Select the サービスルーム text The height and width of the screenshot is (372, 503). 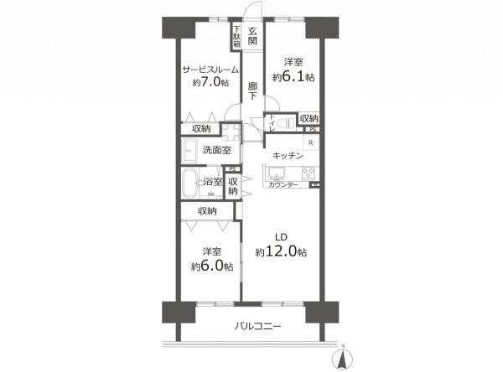[210, 70]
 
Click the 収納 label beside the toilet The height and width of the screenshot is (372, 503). [309, 119]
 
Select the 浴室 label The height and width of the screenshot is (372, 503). [211, 181]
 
